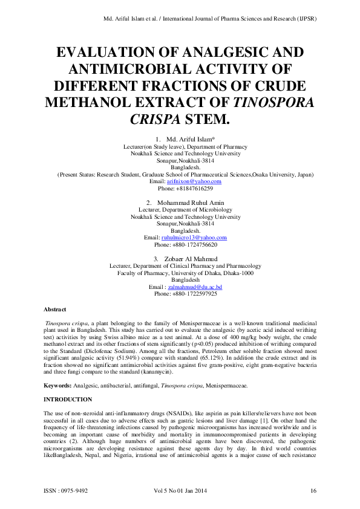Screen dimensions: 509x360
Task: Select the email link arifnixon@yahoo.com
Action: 194,181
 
